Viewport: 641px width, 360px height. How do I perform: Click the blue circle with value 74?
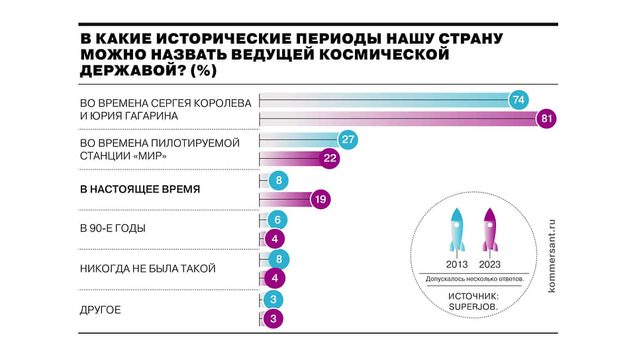pyautogui.click(x=518, y=100)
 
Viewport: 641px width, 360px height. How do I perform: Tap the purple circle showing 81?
pyautogui.click(x=546, y=119)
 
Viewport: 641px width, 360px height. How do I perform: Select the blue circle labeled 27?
pyautogui.click(x=348, y=139)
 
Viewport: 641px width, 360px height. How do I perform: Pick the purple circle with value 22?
pyautogui.click(x=328, y=158)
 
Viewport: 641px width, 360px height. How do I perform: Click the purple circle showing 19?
pyautogui.click(x=320, y=200)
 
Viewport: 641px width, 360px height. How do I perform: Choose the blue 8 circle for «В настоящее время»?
pyautogui.click(x=278, y=180)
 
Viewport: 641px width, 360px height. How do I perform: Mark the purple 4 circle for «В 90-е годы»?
pyautogui.click(x=273, y=239)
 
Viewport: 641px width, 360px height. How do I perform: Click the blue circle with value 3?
pyautogui.click(x=273, y=300)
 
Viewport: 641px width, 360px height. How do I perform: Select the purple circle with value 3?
pyautogui.click(x=273, y=319)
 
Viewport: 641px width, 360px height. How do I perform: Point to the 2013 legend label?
pyautogui.click(x=456, y=264)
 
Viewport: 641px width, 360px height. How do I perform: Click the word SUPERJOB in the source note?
pyautogui.click(x=473, y=308)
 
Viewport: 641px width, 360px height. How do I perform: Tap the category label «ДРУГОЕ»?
pyautogui.click(x=101, y=310)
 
